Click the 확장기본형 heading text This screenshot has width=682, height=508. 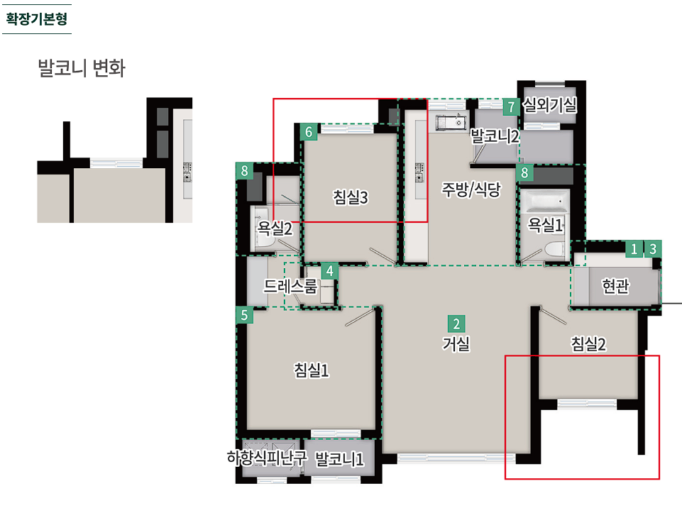coord(36,19)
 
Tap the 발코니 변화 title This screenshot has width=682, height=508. coord(82,68)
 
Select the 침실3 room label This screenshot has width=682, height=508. coord(351,197)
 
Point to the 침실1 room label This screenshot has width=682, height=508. coord(312,370)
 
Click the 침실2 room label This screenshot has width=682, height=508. coord(588,344)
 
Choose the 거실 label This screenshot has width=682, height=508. coord(456,344)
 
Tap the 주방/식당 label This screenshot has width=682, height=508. coord(471,189)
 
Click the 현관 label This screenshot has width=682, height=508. coord(615,286)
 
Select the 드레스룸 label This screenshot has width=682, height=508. coord(290,286)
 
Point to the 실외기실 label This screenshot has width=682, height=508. coord(550,105)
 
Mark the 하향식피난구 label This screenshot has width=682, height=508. coord(267,458)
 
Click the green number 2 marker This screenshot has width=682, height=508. coord(456,324)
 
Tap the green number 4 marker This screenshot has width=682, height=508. coord(330,271)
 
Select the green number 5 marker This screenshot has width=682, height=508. coord(244,315)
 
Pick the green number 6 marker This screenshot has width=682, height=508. coord(309,132)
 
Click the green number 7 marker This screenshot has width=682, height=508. coord(512,106)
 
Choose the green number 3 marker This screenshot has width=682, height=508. coord(653,249)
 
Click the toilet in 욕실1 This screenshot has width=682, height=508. coord(554,250)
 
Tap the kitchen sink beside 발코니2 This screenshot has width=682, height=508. coord(451,122)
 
